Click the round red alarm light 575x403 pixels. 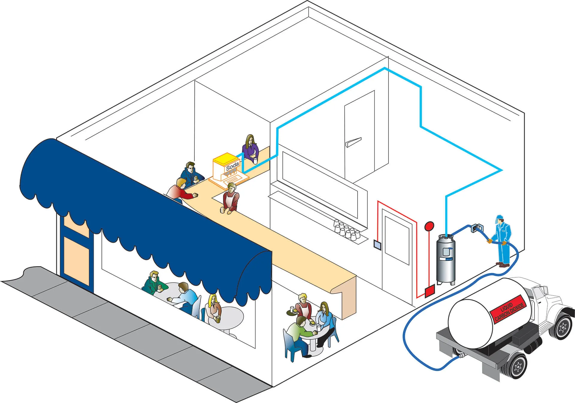point(429,226)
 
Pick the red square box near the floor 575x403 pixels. point(430,291)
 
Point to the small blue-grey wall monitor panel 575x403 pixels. point(377,245)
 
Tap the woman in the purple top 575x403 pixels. point(250,148)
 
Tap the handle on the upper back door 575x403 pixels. point(353,142)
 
